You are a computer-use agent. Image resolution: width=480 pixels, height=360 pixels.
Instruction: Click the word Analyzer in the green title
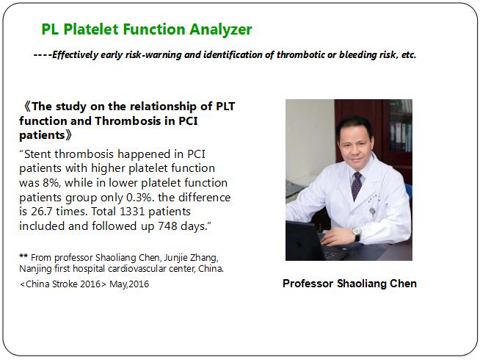pos(220,30)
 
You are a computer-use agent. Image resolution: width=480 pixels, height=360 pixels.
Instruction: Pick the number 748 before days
pos(168,226)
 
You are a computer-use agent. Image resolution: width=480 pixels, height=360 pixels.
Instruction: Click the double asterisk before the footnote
pos(23,256)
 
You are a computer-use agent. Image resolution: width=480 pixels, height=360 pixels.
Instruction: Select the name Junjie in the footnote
pos(175,258)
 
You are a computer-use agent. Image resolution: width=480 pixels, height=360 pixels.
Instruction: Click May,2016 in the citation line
pos(129,284)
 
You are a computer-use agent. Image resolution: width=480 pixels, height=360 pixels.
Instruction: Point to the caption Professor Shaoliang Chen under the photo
pos(349,284)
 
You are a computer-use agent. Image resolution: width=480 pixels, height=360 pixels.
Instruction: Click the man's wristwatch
pos(357,233)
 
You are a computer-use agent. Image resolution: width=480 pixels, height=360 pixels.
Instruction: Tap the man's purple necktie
pos(356,185)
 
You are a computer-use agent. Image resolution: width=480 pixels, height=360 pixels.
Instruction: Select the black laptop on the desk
pos(309,242)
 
